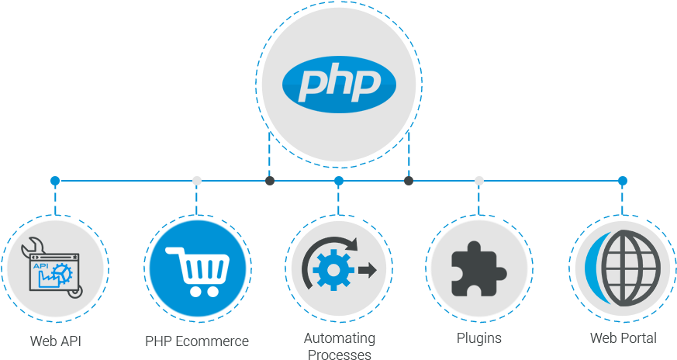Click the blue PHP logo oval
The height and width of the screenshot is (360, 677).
[339, 85]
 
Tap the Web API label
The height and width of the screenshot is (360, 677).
[55, 341]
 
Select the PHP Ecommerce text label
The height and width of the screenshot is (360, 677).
[197, 341]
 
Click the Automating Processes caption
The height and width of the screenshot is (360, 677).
[340, 346]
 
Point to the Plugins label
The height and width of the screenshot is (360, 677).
[479, 338]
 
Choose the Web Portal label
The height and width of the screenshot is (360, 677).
[623, 338]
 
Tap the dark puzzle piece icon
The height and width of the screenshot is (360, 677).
[478, 268]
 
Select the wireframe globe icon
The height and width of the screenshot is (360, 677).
[630, 268]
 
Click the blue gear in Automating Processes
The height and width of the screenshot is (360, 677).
[333, 270]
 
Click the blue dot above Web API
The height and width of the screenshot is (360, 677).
[55, 181]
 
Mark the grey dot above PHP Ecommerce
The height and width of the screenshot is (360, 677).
[197, 181]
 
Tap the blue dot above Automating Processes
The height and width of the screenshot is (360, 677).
[339, 181]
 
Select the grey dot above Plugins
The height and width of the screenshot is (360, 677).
[478, 181]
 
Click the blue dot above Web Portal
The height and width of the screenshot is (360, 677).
[622, 181]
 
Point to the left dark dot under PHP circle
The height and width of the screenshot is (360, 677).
[270, 181]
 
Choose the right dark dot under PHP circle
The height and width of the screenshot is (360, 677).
[409, 181]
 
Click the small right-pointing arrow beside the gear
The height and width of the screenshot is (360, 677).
[368, 271]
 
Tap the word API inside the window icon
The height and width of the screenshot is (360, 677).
[40, 266]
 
